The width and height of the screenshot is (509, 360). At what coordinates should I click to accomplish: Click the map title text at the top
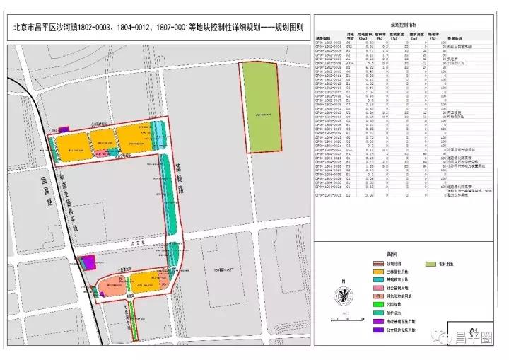click(158, 29)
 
